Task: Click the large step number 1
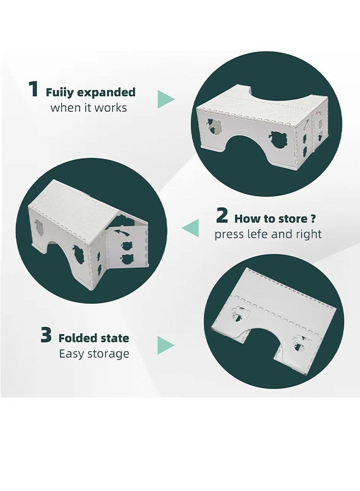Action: click(33, 89)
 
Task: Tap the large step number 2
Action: click(222, 215)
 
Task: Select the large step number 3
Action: click(46, 335)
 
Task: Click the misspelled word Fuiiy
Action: click(59, 93)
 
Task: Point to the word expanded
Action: click(106, 92)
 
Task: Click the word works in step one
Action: click(111, 107)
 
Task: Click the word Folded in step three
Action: click(78, 338)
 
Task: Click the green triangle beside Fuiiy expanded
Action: click(166, 99)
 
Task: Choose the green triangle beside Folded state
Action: click(166, 345)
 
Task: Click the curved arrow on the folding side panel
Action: click(122, 232)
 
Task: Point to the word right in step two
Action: click(308, 234)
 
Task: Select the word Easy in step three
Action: click(72, 354)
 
